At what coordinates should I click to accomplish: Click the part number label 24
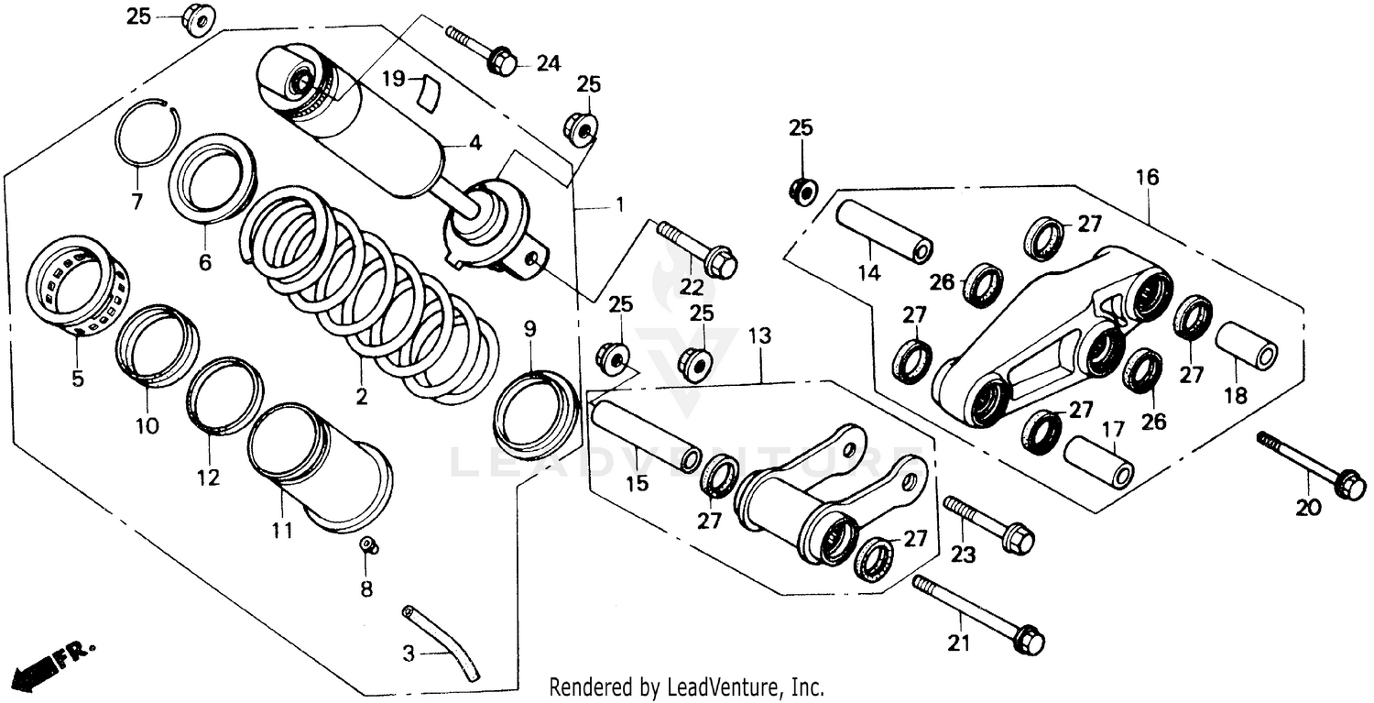tap(548, 63)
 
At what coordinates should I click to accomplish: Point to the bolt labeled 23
tap(989, 522)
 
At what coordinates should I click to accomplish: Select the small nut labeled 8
tap(368, 545)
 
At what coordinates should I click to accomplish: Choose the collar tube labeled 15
tap(646, 431)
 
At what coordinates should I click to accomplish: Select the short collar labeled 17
tap(1097, 460)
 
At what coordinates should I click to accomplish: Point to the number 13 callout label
tap(759, 337)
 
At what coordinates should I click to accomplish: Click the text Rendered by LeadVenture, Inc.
tap(686, 687)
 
